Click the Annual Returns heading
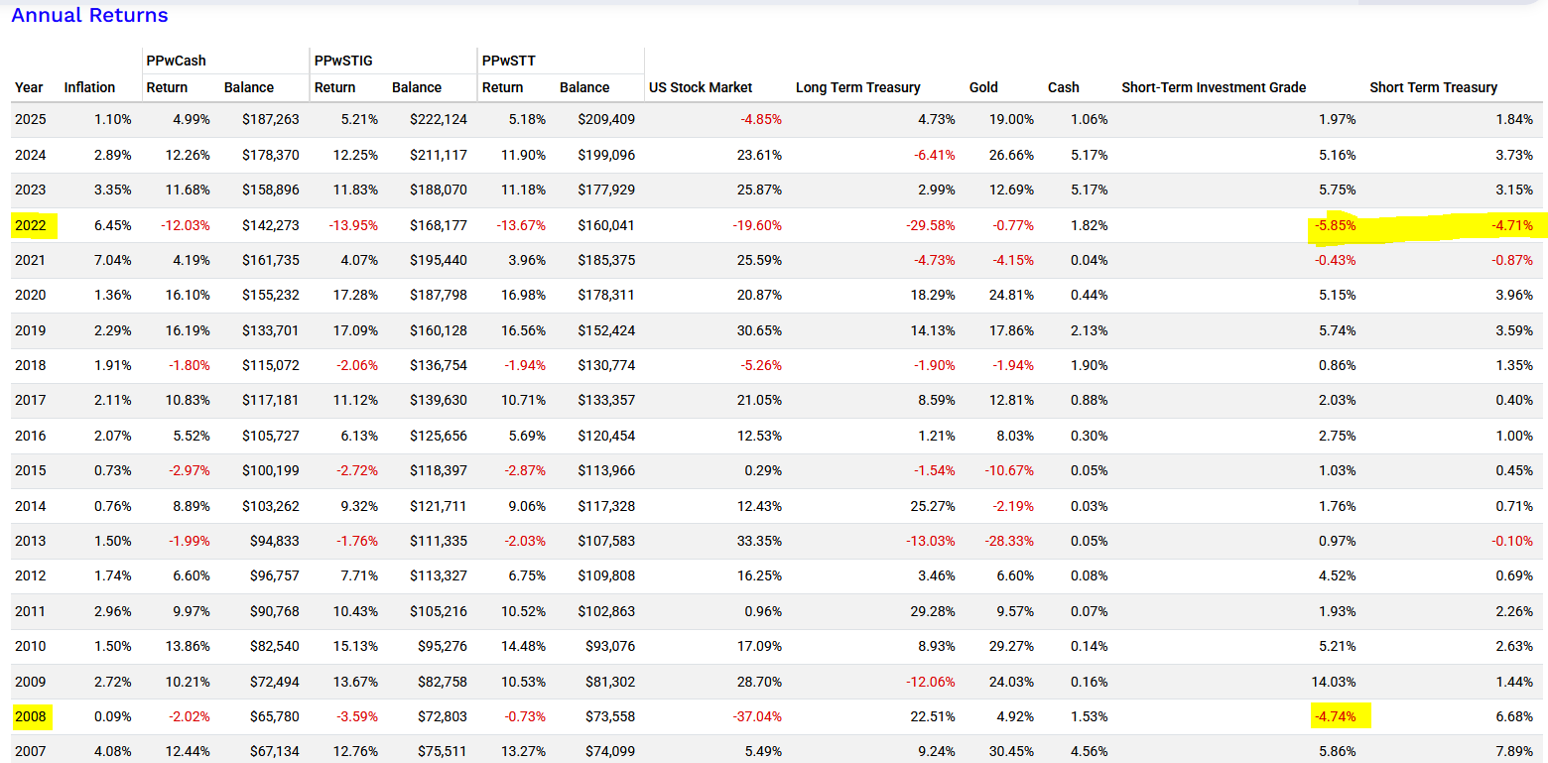tap(89, 15)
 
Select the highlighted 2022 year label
tap(30, 225)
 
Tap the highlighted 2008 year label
tap(30, 716)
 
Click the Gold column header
tap(983, 87)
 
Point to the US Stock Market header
tap(701, 87)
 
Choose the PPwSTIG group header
tap(342, 61)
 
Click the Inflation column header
tap(89, 87)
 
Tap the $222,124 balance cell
tap(439, 119)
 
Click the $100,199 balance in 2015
tap(271, 470)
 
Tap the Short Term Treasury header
tap(1433, 87)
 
